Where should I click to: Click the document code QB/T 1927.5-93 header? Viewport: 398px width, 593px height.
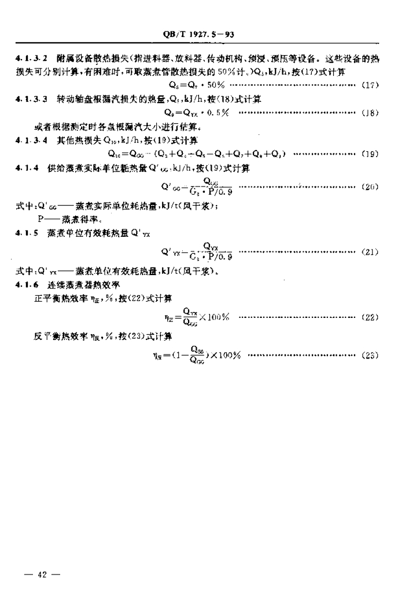tap(198, 35)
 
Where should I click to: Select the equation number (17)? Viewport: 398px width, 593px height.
tap(370, 86)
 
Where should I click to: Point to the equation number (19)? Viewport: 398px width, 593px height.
tap(370, 154)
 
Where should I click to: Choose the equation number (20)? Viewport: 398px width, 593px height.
tap(370, 187)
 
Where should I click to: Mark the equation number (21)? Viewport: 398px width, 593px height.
tap(370, 252)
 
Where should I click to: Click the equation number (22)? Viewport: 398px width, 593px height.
tap(370, 317)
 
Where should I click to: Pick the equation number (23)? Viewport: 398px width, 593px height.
tap(370, 355)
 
